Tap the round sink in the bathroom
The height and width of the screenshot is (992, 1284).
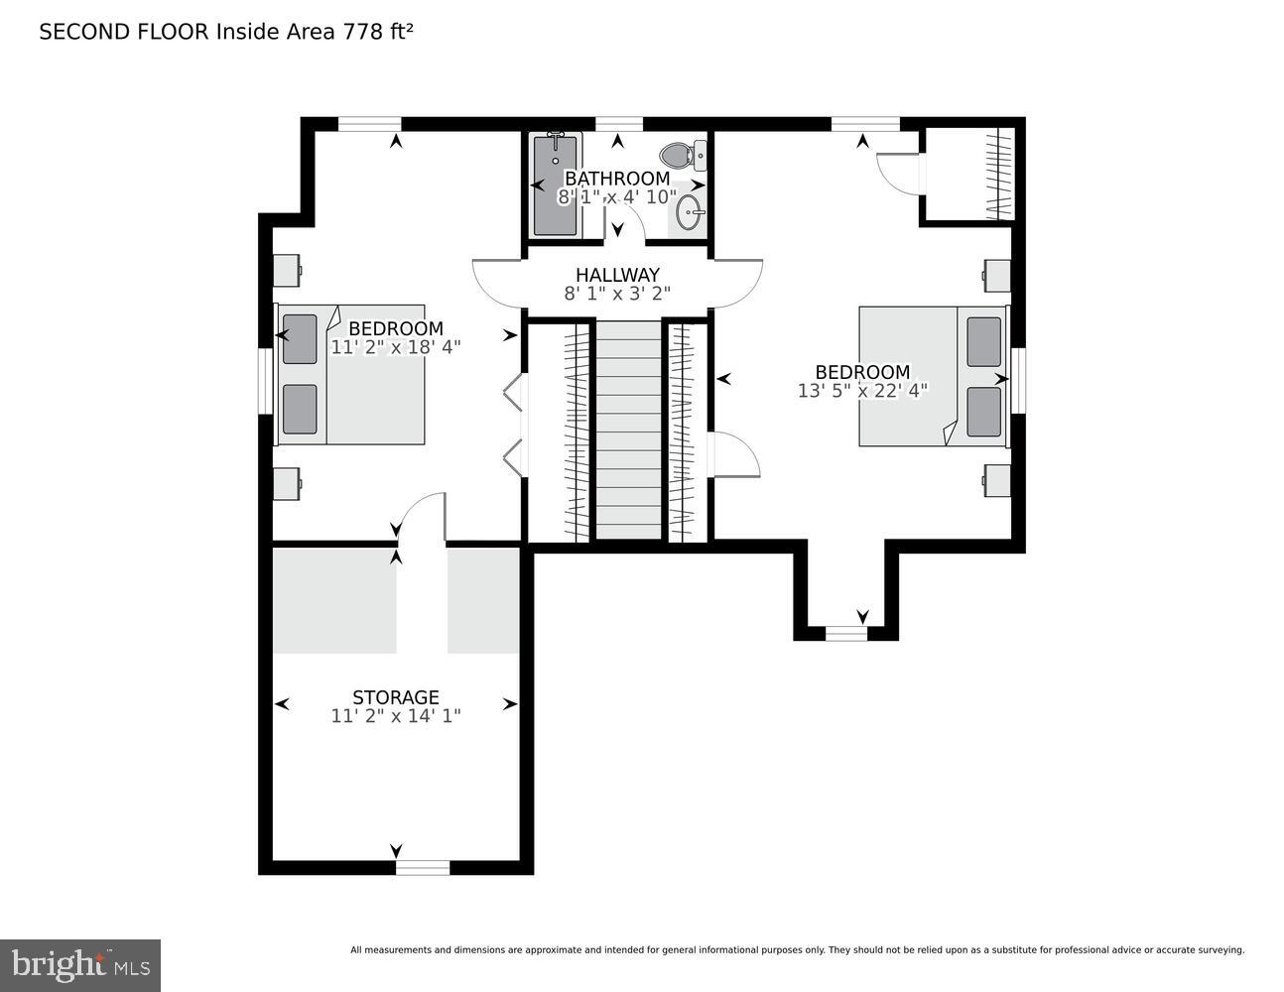(x=690, y=211)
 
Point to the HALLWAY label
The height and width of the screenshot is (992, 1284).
(x=617, y=275)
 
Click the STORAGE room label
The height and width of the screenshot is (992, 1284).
(x=395, y=697)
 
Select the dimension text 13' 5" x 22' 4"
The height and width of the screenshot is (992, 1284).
(x=861, y=391)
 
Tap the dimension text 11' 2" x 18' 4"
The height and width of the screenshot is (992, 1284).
(x=395, y=347)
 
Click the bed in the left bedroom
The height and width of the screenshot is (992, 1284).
(x=352, y=375)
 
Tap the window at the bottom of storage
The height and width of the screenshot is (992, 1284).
(x=423, y=868)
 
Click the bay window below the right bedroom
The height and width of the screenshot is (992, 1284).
(x=846, y=633)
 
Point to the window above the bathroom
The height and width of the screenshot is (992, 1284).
(x=618, y=124)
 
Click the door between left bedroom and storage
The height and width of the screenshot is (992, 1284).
(x=423, y=518)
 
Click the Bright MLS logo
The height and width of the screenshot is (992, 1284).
(x=80, y=964)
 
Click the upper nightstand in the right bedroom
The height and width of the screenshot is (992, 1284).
(x=996, y=276)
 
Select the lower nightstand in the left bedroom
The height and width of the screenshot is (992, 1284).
(x=287, y=483)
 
